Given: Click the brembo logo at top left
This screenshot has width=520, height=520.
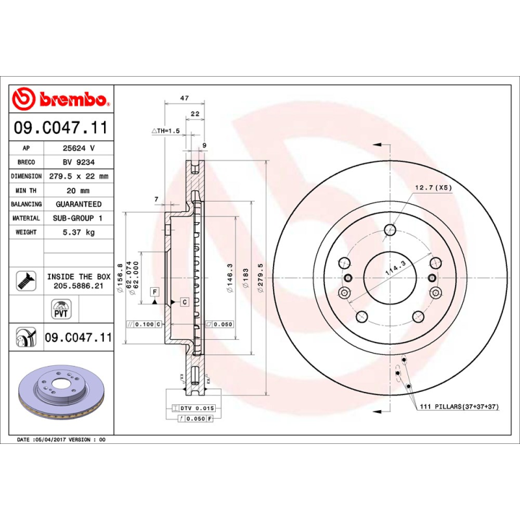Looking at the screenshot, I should [60, 99].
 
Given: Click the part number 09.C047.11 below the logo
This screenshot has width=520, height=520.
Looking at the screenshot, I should [60, 129].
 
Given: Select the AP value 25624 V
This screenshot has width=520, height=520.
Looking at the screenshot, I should [78, 148].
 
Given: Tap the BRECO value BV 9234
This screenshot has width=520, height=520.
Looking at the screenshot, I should [78, 162].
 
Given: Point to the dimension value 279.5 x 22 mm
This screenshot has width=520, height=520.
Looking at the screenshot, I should [78, 176].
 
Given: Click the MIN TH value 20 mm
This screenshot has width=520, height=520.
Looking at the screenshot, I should [78, 190].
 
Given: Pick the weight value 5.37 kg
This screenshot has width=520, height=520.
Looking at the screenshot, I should [78, 232].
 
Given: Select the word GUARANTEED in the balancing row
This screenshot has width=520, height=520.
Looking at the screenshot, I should [78, 204].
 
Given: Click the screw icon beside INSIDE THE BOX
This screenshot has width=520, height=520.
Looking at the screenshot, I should [25, 281].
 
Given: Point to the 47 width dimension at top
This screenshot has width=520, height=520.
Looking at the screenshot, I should [184, 98].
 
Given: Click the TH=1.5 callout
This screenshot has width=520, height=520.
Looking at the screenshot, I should [165, 131].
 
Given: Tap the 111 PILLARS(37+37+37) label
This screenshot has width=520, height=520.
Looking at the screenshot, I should [459, 406].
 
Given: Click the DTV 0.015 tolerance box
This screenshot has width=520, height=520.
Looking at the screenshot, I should [195, 408].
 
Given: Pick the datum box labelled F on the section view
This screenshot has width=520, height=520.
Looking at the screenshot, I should [155, 291].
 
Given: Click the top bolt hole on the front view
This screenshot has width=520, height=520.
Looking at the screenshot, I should [390, 229].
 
